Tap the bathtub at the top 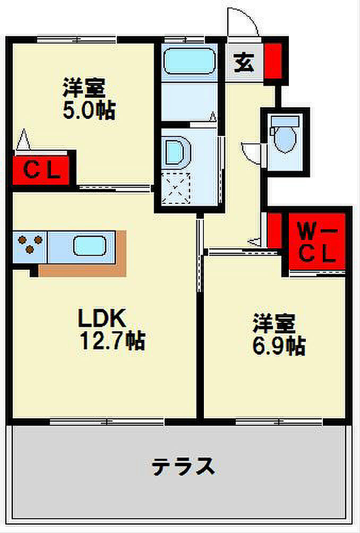pyautogui.click(x=188, y=62)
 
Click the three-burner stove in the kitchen pyautogui.click(x=28, y=246)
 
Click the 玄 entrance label pyautogui.click(x=244, y=64)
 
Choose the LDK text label pyautogui.click(x=102, y=318)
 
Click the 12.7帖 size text pyautogui.click(x=112, y=340)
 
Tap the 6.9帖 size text pyautogui.click(x=278, y=346)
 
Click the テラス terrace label pyautogui.click(x=183, y=467)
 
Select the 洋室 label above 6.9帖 pyautogui.click(x=273, y=323)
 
